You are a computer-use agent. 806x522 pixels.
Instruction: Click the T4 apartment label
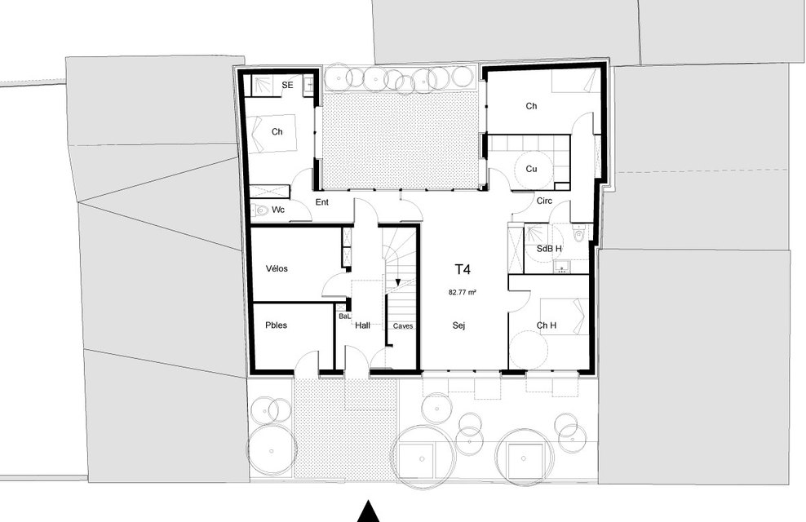[x=463, y=269]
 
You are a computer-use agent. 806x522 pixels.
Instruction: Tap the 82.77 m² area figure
[x=462, y=292]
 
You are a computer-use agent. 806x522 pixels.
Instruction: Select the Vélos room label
[x=277, y=268]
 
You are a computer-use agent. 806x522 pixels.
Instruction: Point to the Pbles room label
[x=276, y=325]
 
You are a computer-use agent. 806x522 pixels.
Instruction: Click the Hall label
[x=362, y=325]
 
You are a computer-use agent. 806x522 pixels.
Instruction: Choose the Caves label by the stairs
[x=403, y=325]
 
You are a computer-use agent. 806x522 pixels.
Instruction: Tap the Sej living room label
[x=459, y=325]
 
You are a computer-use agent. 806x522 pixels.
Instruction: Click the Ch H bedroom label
[x=547, y=325]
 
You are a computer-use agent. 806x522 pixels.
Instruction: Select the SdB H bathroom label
[x=549, y=249]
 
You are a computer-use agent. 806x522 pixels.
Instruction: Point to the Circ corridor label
[x=544, y=201]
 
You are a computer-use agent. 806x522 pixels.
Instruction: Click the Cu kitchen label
[x=532, y=169]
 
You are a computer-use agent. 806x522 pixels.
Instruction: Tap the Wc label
[x=278, y=210]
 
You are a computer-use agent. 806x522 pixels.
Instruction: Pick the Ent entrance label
[x=321, y=202]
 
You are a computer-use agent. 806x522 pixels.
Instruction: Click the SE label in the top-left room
[x=287, y=85]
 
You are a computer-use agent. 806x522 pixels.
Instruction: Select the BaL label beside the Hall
[x=344, y=316]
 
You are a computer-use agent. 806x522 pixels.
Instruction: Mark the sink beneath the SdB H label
[x=560, y=267]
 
